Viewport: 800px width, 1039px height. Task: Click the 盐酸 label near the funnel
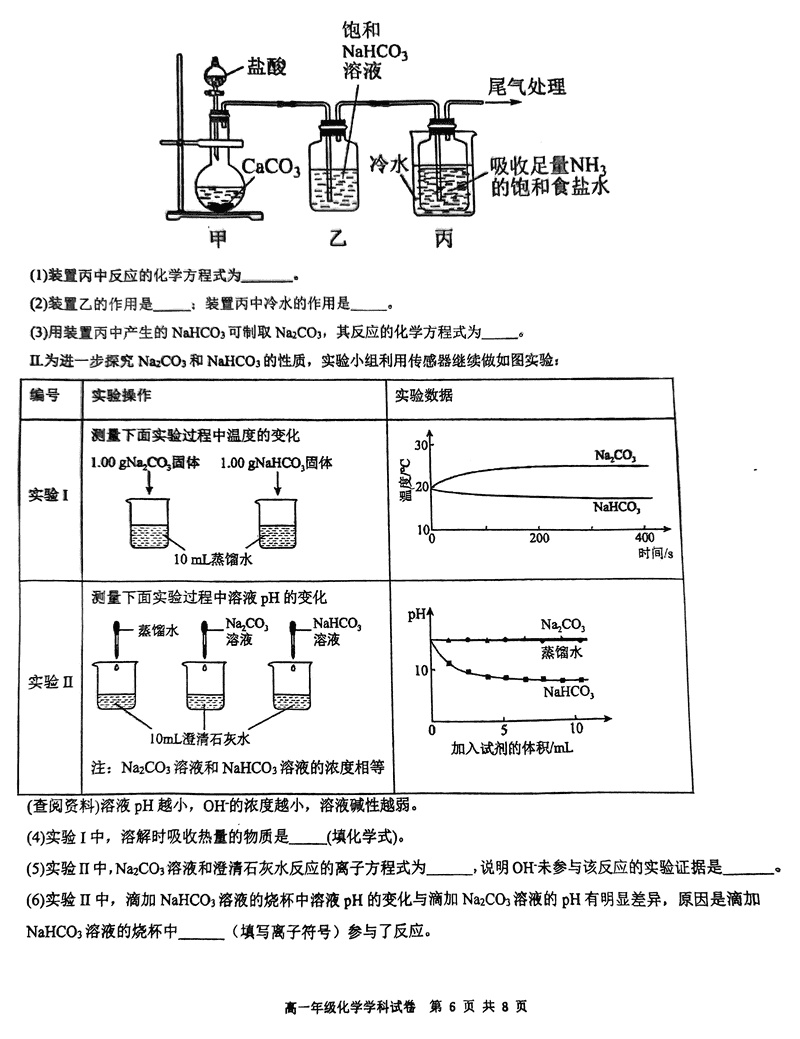point(266,67)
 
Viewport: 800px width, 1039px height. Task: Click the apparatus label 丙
point(443,240)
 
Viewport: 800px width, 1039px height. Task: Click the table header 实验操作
point(121,395)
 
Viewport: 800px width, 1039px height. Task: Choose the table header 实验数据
point(424,395)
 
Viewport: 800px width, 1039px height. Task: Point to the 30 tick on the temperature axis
point(422,445)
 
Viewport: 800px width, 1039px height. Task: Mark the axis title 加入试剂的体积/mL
point(512,747)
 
